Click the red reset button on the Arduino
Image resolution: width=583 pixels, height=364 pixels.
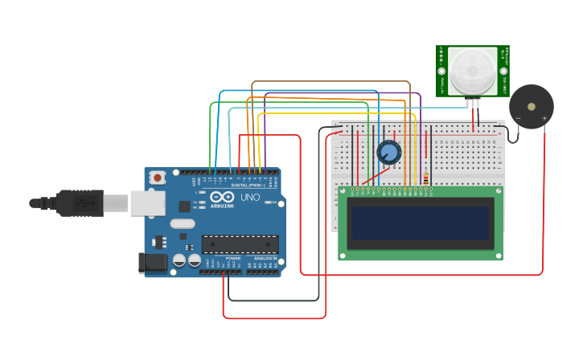pos(158,177)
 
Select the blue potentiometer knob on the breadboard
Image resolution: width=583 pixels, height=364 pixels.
pos(388,152)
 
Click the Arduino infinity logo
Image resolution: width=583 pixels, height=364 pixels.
pos(222,197)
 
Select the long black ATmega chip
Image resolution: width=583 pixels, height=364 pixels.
pos(240,244)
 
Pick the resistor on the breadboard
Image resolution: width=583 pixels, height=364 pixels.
pos(425,178)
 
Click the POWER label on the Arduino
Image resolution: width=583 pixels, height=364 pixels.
pos(232,258)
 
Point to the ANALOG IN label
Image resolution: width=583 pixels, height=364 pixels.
pos(265,258)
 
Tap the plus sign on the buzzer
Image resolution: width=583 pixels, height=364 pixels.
pos(544,119)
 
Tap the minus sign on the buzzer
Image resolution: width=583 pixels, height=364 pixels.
pos(517,119)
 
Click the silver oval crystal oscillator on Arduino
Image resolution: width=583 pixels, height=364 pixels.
pos(183,224)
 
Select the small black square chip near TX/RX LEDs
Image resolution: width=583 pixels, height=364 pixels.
pos(184,206)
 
